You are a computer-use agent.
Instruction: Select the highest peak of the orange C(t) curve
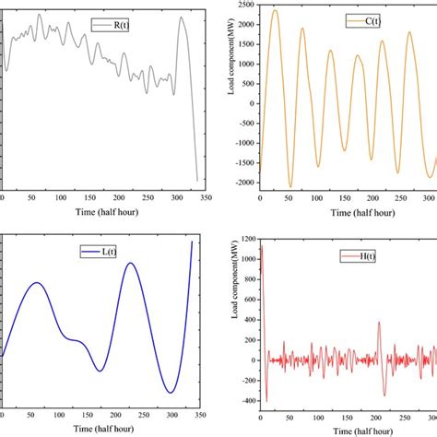click(x=274, y=10)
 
